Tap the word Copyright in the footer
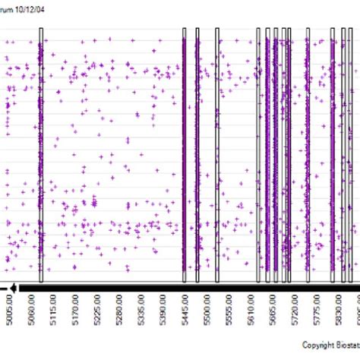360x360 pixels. [309, 344]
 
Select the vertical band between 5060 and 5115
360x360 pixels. [41, 152]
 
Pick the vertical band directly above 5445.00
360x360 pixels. [184, 152]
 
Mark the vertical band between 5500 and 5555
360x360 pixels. [216, 152]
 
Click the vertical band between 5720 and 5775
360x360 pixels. [308, 152]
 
